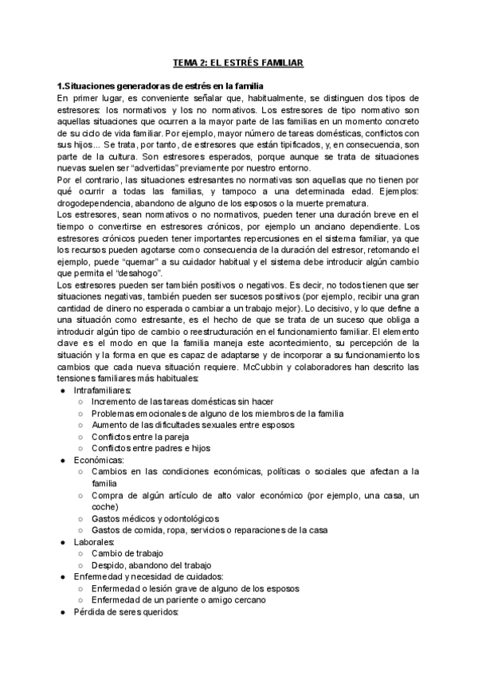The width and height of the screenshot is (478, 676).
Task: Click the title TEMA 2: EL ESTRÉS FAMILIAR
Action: pos(239,61)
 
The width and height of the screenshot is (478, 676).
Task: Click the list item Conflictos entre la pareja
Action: pos(143,436)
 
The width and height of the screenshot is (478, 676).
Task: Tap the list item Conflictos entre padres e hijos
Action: pos(155,448)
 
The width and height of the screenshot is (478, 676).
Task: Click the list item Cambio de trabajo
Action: pos(127,553)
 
